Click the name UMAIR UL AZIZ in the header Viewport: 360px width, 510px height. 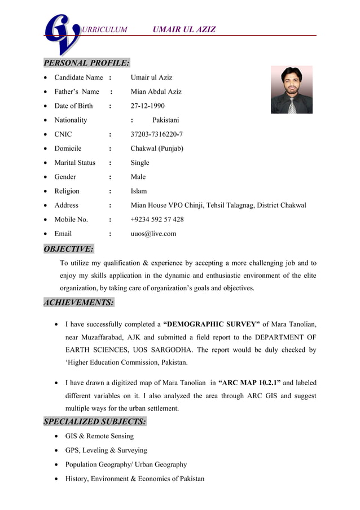tap(184, 29)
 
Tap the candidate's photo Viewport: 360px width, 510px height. tap(291, 90)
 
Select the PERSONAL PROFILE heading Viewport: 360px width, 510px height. tap(87, 63)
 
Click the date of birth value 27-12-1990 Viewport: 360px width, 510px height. tap(147, 106)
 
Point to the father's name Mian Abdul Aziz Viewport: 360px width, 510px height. tap(156, 91)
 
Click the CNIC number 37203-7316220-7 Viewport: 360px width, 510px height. tap(156, 134)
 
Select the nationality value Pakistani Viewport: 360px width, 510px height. tap(165, 120)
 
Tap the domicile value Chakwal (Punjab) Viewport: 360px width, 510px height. tap(157, 149)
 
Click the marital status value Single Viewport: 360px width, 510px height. tap(140, 163)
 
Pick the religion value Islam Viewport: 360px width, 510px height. tap(139, 191)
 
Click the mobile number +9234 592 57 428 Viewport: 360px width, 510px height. tap(157, 219)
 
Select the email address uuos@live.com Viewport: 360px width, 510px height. tap(153, 233)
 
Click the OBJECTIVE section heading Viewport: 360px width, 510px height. tap(69, 249)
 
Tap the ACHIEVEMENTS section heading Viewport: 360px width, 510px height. tap(79, 302)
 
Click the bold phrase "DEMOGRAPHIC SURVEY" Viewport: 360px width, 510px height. tap(211, 324)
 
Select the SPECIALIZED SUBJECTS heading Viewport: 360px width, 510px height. tap(95, 421)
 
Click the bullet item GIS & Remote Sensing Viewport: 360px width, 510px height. tap(99, 436)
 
